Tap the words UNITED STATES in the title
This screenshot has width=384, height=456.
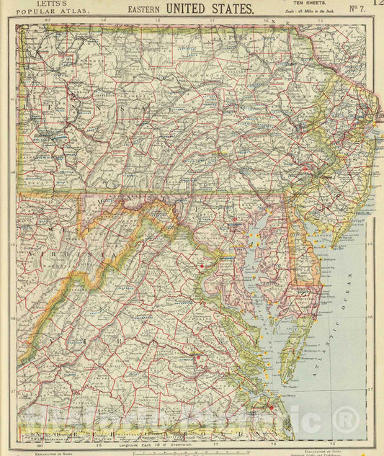(x=210, y=9)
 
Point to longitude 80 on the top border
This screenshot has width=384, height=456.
(x=47, y=20)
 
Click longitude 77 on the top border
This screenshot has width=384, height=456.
(x=211, y=20)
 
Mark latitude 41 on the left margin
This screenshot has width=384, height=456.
(x=12, y=102)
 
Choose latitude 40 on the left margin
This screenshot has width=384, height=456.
(x=12, y=173)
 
